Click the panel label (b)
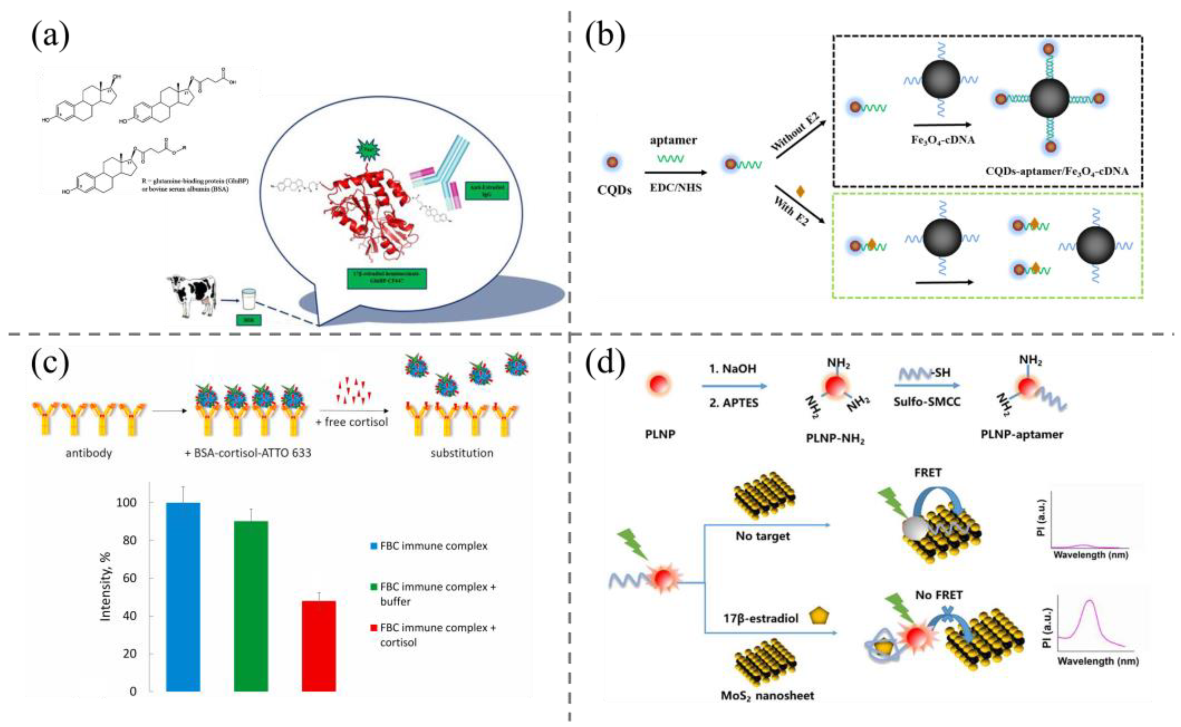(x=604, y=36)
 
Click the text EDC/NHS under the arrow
(x=676, y=188)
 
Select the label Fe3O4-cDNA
(x=943, y=140)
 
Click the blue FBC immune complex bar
(x=183, y=596)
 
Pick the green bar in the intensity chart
(x=251, y=606)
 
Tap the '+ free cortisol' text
(x=351, y=422)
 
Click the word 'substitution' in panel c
(x=462, y=453)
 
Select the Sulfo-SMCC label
(x=927, y=402)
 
